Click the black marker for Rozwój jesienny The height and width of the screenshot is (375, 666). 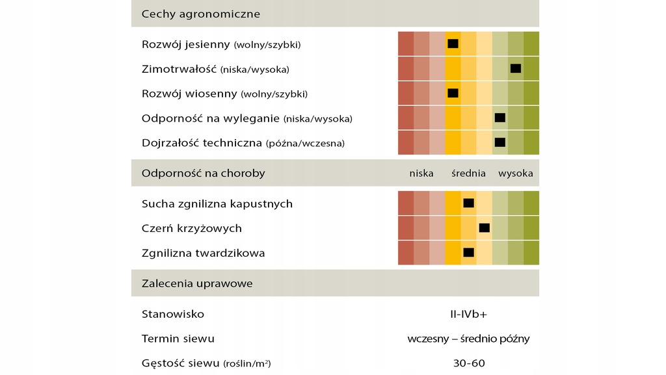click(x=453, y=44)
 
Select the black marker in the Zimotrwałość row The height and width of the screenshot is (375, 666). click(x=516, y=68)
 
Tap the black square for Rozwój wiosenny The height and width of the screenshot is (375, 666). click(x=453, y=93)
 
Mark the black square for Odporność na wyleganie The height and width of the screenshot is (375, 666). click(x=499, y=118)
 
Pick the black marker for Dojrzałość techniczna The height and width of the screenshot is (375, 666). click(x=499, y=142)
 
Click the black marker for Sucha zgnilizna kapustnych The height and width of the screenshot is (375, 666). click(x=468, y=203)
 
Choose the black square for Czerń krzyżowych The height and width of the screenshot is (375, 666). click(x=484, y=227)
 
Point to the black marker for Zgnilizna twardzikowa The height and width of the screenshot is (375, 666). click(x=468, y=252)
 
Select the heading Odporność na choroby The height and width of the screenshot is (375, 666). click(x=203, y=174)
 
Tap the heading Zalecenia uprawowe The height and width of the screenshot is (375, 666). click(x=197, y=283)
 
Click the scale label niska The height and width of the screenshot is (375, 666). click(x=421, y=174)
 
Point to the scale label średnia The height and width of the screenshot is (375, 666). click(x=468, y=174)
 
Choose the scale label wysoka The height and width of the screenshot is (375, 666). click(x=515, y=174)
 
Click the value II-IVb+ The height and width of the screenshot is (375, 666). click(x=468, y=315)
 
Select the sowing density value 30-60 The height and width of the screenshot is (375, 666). click(x=468, y=363)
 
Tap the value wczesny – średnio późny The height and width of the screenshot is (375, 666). click(x=468, y=339)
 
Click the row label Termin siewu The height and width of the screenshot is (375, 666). click(x=178, y=339)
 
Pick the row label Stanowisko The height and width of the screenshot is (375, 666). click(x=172, y=315)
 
